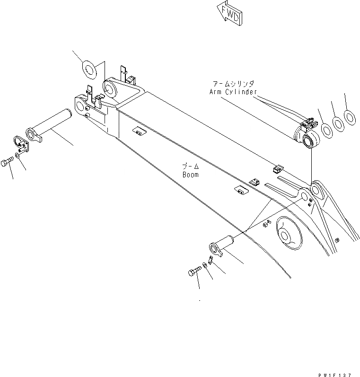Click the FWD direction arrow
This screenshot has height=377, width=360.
pos(229,13)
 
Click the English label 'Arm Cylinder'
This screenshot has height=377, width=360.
pos(233,91)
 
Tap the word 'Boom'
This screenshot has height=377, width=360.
pos(190,175)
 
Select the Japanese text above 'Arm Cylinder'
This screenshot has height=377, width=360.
pos(233,84)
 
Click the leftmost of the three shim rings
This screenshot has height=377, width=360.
pos(326,128)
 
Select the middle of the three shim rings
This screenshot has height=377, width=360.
pos(338,123)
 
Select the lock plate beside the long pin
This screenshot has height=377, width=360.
pos(20,143)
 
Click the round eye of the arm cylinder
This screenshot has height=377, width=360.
pos(312,140)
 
